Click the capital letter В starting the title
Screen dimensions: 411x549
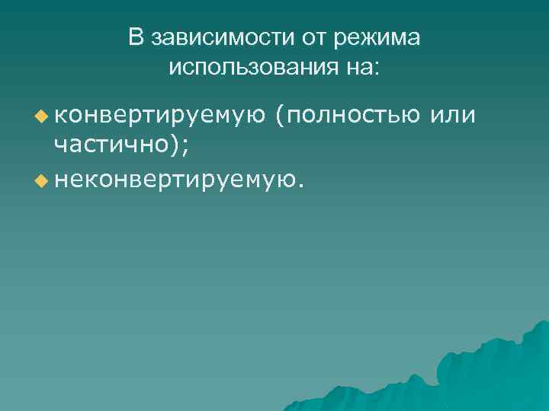(x=136, y=38)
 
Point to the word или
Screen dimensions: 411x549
(x=454, y=116)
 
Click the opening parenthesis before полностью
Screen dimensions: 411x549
(x=281, y=116)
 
